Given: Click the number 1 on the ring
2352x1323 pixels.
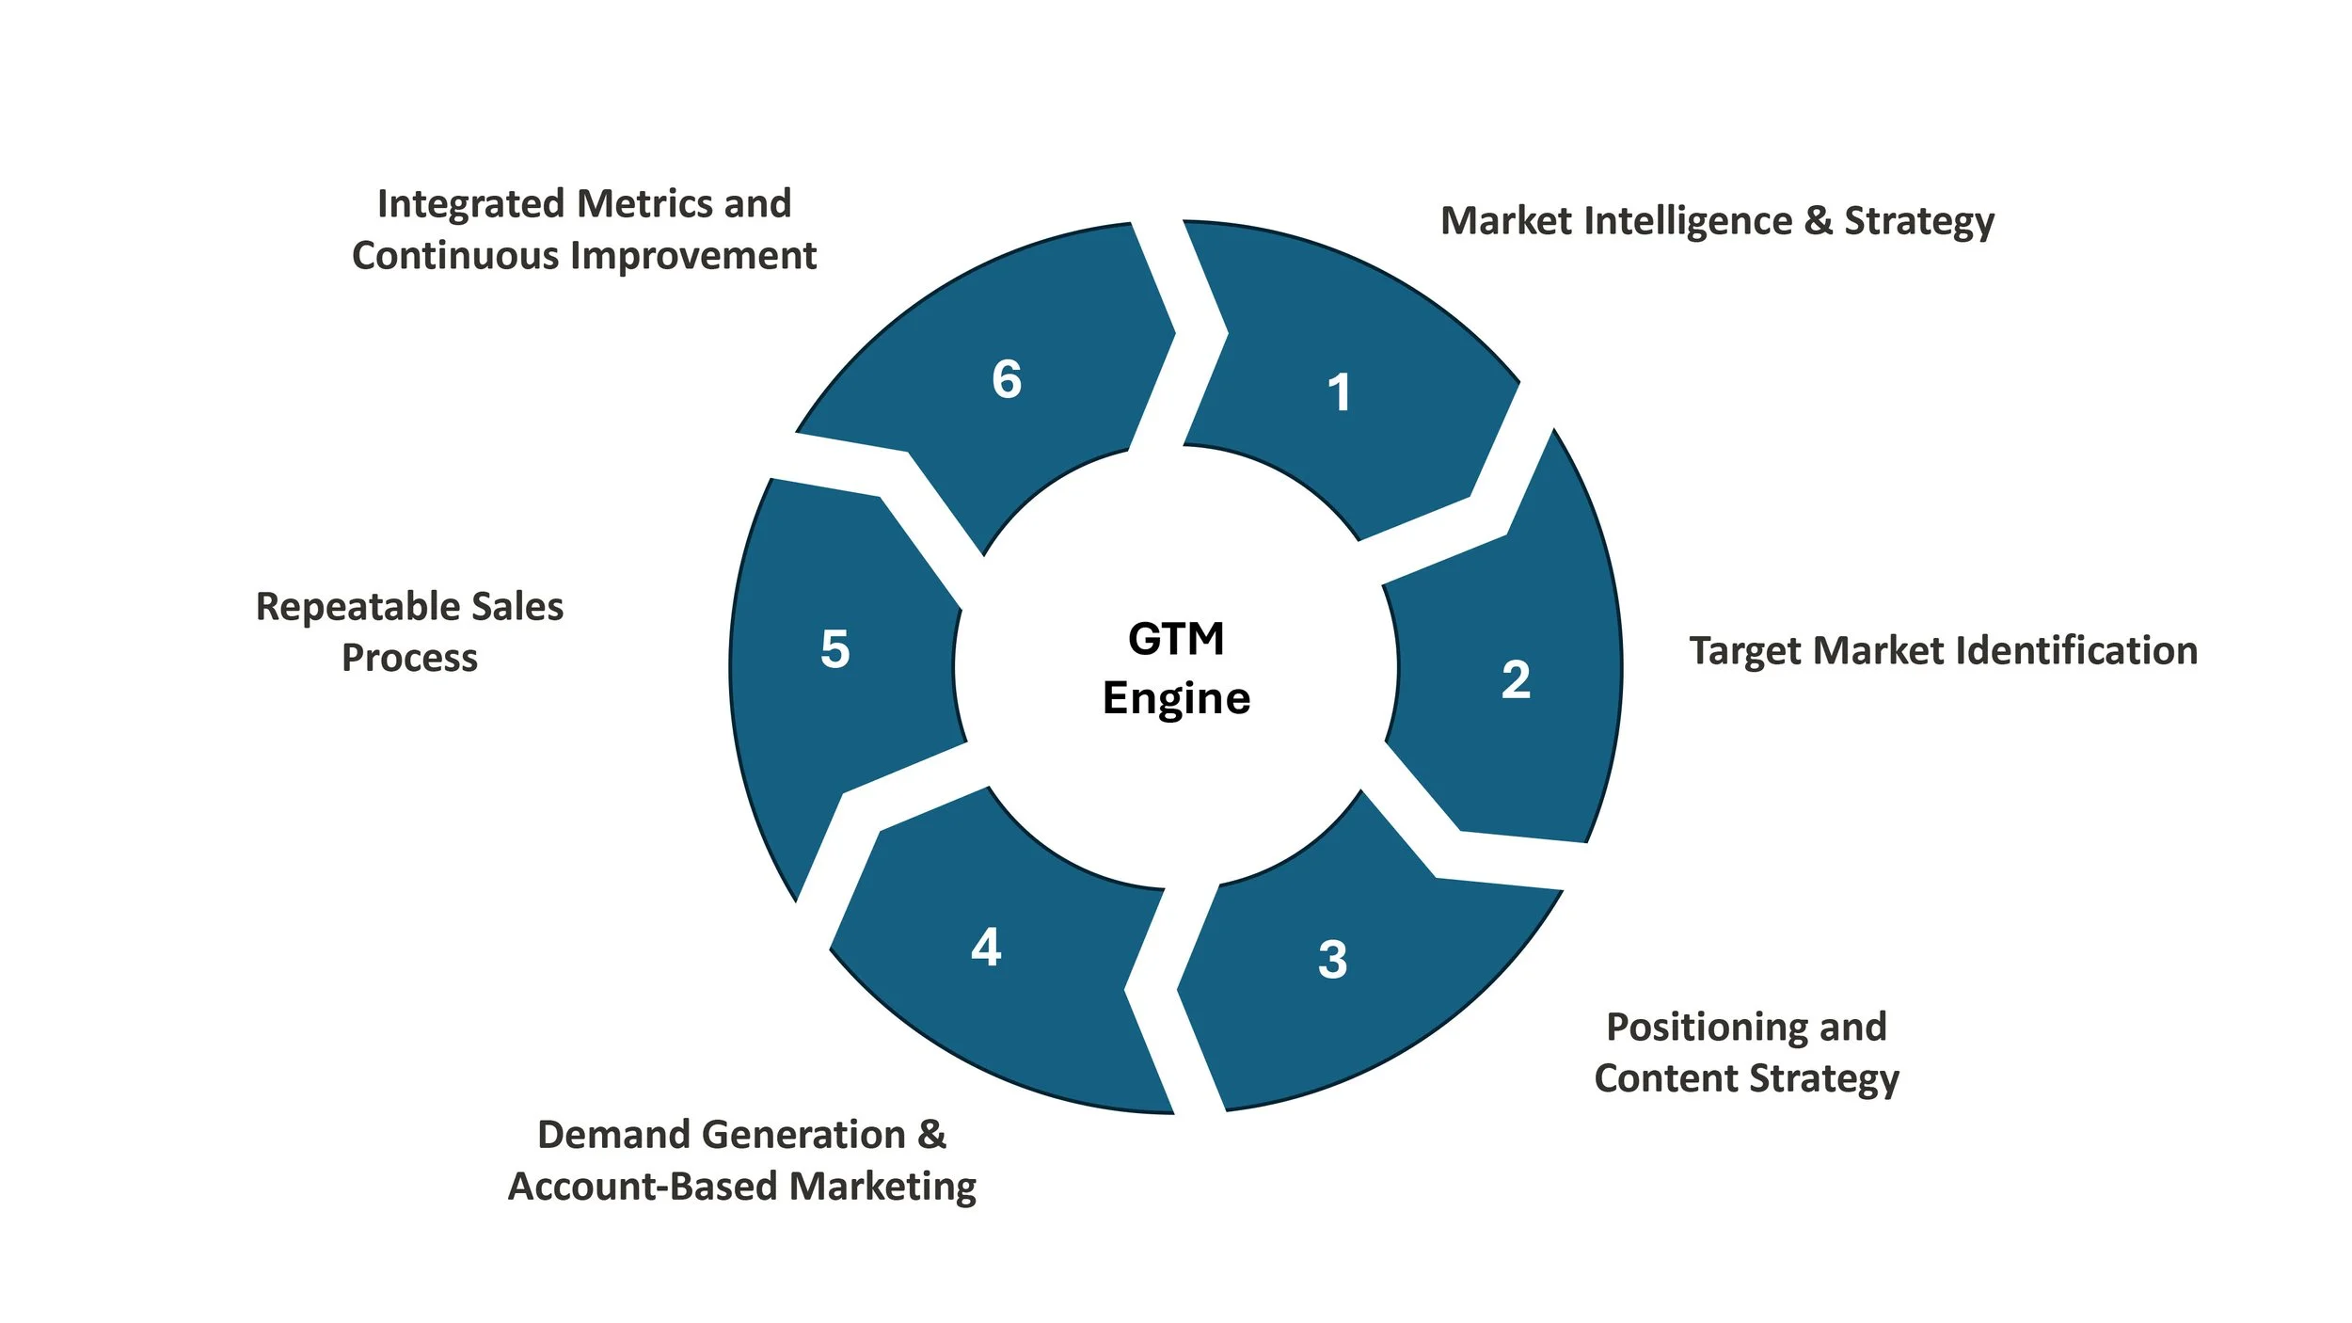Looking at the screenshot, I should [x=1339, y=392].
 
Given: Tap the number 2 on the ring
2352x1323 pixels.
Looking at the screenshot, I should [x=1516, y=679].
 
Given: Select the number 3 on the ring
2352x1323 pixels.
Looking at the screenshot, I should [x=1332, y=960].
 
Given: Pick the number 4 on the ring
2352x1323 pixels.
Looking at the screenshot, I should [x=986, y=947].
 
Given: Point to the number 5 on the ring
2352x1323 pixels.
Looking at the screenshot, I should [x=834, y=649].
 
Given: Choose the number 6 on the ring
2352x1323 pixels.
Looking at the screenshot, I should [x=1007, y=379].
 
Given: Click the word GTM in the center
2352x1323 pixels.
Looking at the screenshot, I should [x=1176, y=639].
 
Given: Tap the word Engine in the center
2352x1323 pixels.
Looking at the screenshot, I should [x=1176, y=698].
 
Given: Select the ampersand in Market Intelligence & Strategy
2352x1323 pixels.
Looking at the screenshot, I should [x=1818, y=221].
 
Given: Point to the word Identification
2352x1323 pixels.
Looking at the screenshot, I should [x=2078, y=651].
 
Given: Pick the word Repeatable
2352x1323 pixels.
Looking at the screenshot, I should [x=357, y=607].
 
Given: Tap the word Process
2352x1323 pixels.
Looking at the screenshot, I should [x=409, y=658].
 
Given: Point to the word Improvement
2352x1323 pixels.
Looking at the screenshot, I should [x=693, y=256].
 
